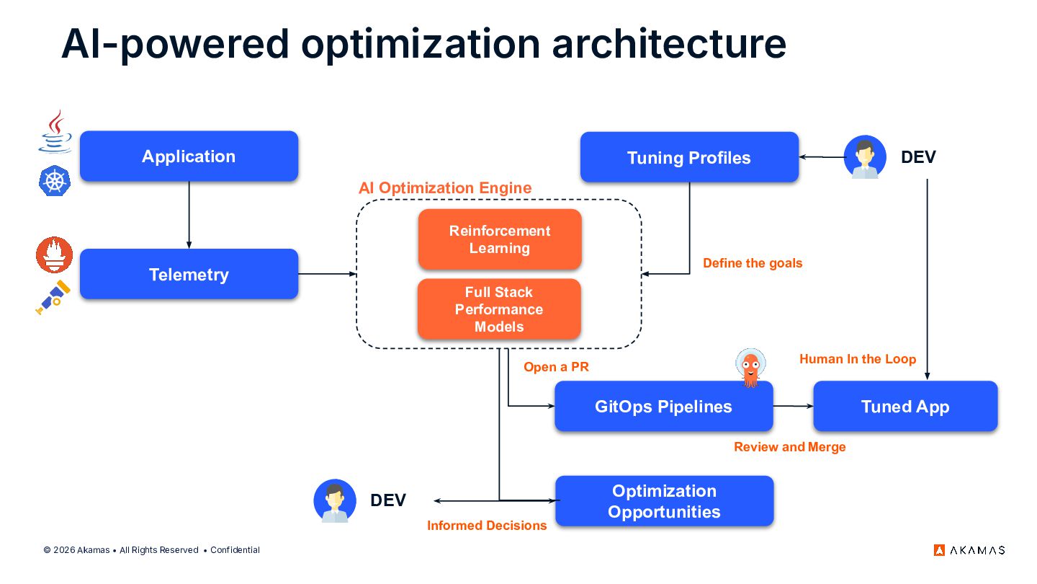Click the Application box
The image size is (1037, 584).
coord(189,156)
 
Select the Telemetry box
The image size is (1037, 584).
coord(189,274)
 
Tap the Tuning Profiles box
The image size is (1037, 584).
coord(689,158)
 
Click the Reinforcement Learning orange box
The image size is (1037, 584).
coord(500,239)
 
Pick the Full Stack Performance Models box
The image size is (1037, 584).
coord(499,309)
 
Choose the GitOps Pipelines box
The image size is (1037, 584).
coord(663,407)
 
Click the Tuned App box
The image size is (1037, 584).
coord(905,407)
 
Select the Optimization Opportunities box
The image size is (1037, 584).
coord(664,501)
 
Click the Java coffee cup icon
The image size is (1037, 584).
coord(55,131)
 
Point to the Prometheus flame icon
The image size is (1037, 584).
coord(55,255)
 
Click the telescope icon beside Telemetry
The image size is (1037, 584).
coord(53,297)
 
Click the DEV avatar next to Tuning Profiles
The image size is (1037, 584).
coord(865,156)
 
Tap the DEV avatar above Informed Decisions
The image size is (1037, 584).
coord(335,500)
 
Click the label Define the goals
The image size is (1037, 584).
coord(753,263)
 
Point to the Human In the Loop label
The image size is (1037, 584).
coord(858,359)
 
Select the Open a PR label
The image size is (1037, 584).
coord(556,367)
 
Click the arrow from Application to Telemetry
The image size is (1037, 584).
coord(189,214)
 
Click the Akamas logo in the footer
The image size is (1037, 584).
coord(969,550)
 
